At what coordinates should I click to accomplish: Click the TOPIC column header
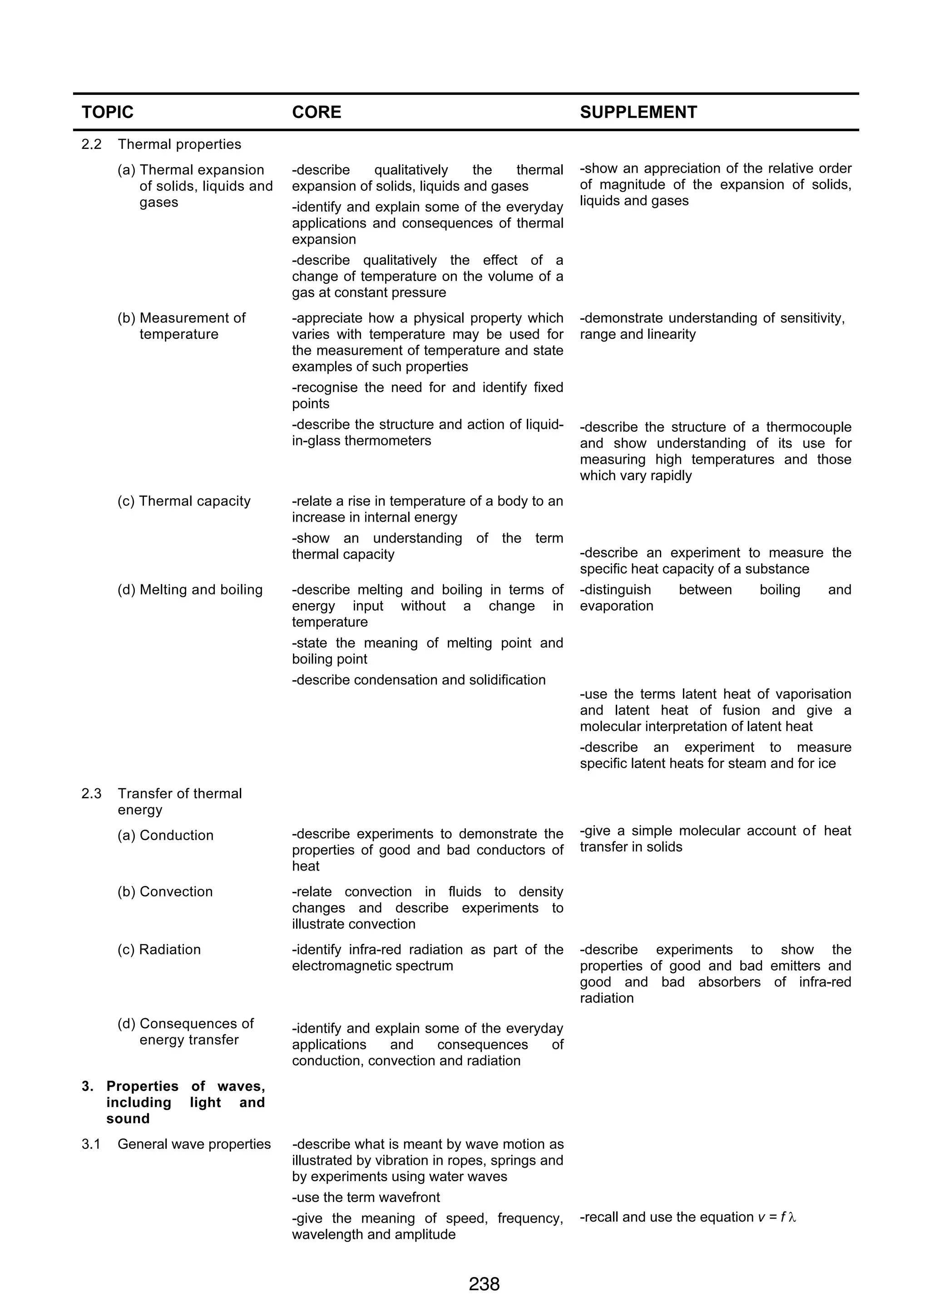coord(107,112)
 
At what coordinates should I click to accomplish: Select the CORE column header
coord(317,112)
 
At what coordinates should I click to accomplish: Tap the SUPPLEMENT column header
coord(638,112)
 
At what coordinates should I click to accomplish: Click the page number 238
coord(484,1284)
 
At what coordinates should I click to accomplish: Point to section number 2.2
coord(91,144)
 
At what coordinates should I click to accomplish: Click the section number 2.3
coord(91,793)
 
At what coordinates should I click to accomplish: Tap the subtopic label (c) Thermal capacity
coord(184,501)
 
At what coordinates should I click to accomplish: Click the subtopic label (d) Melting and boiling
coord(190,590)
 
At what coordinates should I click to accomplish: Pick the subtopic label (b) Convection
coord(165,892)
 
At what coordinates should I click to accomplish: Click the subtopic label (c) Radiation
coord(159,950)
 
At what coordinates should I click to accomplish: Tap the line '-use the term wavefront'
coord(366,1197)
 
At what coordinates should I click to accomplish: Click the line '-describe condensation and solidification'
coord(418,680)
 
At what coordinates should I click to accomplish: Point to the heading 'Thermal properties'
coord(179,144)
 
